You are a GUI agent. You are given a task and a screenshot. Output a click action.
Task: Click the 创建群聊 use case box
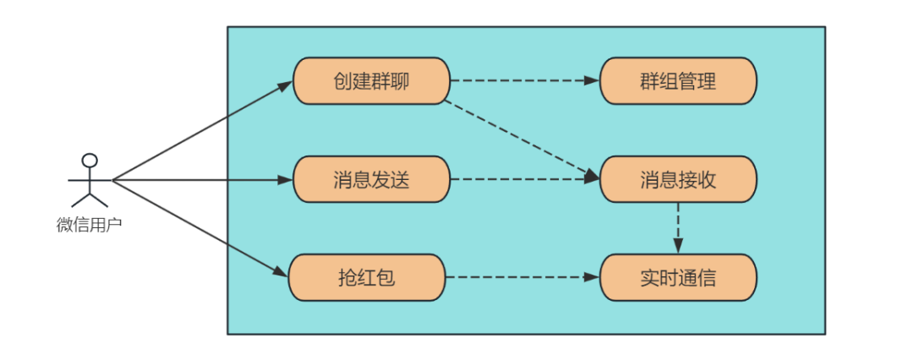point(371,81)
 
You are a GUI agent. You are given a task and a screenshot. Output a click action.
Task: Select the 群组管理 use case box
point(678,81)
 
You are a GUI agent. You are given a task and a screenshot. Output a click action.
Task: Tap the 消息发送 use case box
point(371,179)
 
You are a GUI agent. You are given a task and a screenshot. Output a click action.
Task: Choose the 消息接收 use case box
point(678,179)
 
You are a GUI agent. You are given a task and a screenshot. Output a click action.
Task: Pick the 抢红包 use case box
point(367,277)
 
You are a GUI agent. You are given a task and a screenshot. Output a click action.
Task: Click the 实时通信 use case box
point(678,277)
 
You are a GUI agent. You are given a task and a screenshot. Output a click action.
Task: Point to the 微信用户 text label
point(89,225)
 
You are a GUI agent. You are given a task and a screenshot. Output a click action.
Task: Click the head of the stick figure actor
point(89,161)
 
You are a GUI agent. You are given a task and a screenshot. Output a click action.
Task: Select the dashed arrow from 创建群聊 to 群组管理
point(525,81)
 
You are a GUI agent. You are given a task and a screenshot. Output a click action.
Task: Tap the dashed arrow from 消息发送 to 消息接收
point(525,179)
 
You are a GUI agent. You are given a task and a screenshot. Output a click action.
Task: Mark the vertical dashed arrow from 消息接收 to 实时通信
point(678,228)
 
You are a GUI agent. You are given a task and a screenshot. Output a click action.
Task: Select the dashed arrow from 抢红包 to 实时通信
point(523,277)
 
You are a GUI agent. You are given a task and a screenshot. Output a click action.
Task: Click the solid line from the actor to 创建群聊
point(203,131)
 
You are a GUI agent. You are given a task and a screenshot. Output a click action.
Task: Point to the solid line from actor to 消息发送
point(203,180)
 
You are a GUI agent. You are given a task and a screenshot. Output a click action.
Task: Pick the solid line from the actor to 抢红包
point(200,228)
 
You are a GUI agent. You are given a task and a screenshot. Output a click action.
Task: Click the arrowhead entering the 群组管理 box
point(592,81)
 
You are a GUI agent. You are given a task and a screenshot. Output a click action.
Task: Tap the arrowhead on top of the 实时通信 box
point(678,246)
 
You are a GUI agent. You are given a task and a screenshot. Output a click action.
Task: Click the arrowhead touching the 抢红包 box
point(282,273)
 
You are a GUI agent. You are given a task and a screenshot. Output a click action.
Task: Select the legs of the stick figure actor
point(89,199)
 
